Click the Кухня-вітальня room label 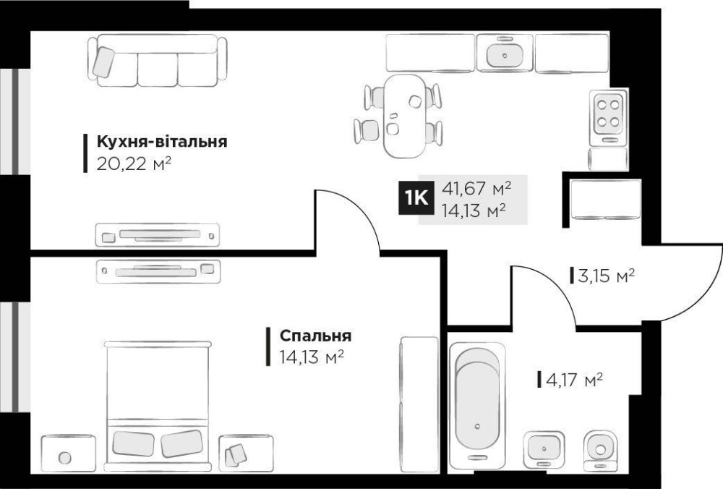(162, 141)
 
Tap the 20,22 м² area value (134, 163)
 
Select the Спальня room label (315, 336)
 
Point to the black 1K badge (416, 198)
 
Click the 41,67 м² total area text (476, 188)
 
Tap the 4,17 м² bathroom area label (574, 380)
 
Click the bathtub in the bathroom (477, 401)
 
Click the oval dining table (405, 116)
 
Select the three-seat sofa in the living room (158, 61)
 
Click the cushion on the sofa (103, 61)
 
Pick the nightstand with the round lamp (68, 453)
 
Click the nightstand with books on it (246, 453)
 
